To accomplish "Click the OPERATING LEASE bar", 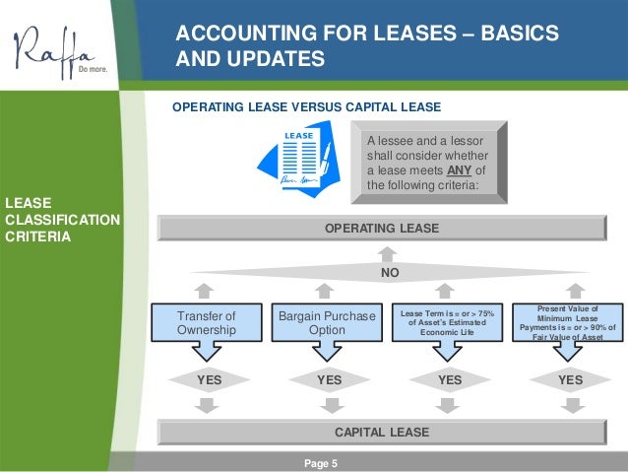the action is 382,229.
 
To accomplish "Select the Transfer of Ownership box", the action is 207,323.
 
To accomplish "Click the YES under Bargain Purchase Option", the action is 330,379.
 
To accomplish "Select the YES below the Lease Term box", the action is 450,379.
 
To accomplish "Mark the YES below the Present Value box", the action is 570,379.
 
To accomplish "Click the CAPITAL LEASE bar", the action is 383,432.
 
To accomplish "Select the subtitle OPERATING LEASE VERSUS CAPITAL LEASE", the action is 306,106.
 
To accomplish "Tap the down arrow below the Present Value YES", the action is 570,406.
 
